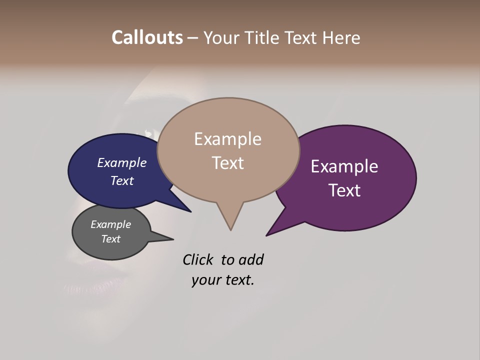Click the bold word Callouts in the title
click(147, 37)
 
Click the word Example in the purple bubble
click(344, 166)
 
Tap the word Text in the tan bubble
click(228, 163)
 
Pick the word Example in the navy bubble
click(122, 162)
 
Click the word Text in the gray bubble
click(111, 239)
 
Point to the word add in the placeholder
click(251, 259)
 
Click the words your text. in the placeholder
click(223, 280)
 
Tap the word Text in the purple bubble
click(345, 190)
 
